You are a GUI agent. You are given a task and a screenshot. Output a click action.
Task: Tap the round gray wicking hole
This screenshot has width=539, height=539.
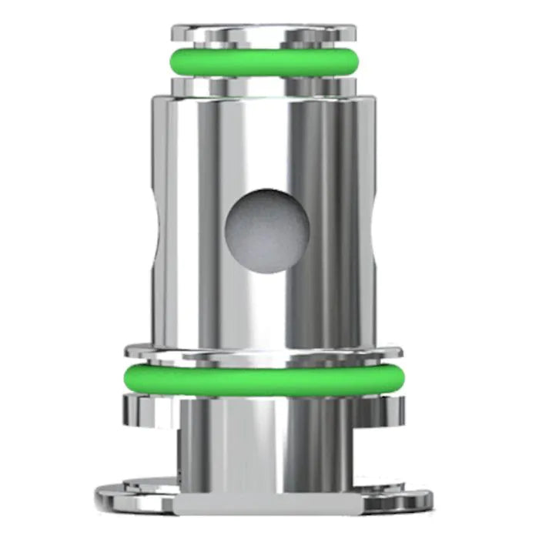pos(266,229)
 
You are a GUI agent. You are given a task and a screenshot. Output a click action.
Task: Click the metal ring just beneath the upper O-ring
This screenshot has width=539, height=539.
pos(264,83)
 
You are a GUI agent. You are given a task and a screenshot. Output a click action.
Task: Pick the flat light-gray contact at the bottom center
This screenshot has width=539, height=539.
pos(264,504)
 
